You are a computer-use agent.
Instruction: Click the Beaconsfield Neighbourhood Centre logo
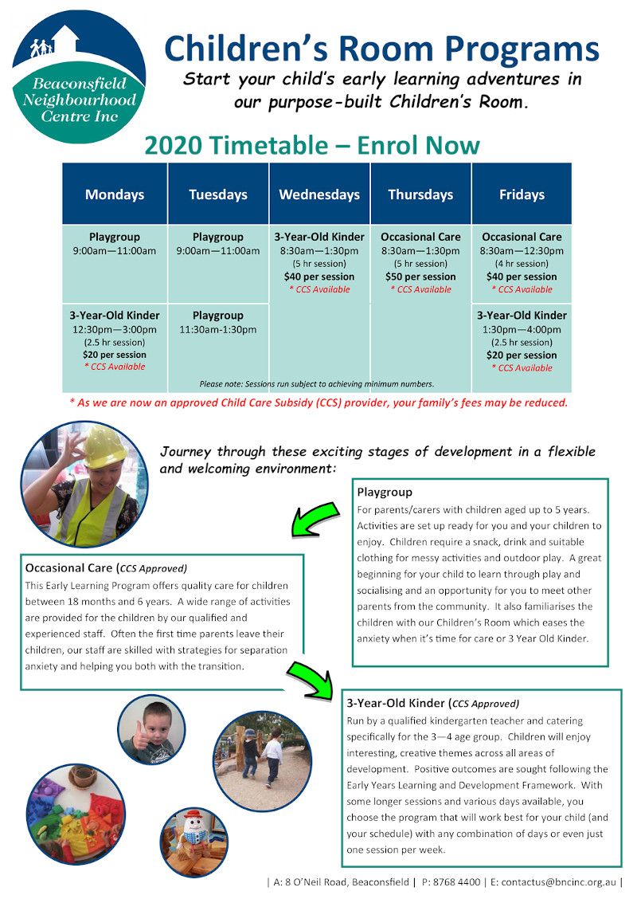[79, 77]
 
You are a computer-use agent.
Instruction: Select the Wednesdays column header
[319, 194]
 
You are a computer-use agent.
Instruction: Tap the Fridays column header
[522, 194]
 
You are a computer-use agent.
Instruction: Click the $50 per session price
[420, 277]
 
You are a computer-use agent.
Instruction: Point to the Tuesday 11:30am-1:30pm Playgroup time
[217, 330]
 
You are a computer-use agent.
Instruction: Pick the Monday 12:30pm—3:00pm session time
[115, 330]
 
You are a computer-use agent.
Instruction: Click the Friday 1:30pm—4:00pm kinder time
[522, 330]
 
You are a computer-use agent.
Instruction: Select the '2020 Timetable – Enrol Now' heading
[312, 145]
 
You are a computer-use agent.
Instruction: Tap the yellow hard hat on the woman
[104, 446]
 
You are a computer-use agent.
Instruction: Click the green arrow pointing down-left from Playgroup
[314, 520]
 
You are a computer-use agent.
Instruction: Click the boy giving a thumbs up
[151, 729]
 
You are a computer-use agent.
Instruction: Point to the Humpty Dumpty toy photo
[193, 842]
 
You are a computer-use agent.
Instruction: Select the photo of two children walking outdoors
[262, 761]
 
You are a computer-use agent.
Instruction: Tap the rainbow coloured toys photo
[75, 814]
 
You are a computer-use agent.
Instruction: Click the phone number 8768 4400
[456, 881]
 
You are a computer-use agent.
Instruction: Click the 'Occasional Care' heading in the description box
[68, 567]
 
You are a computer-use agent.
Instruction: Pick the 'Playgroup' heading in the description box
[385, 492]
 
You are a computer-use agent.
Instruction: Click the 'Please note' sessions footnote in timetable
[317, 383]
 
